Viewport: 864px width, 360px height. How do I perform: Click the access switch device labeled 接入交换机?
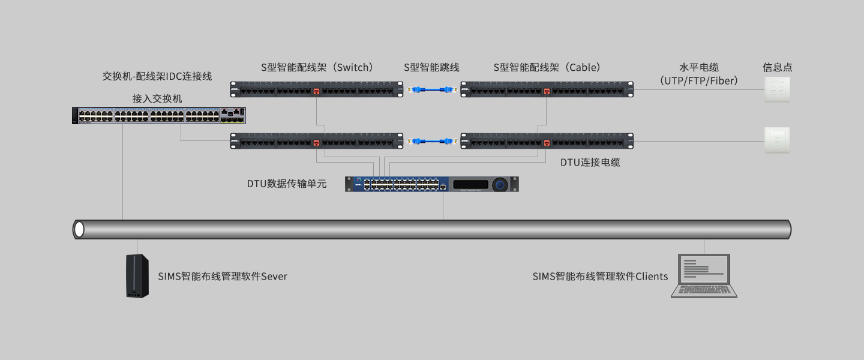click(159, 115)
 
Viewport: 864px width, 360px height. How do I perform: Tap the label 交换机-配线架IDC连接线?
click(157, 77)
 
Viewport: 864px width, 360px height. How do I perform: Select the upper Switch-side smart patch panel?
click(317, 90)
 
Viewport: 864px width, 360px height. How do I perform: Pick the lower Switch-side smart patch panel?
click(317, 142)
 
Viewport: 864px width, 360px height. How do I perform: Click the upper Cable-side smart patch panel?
click(547, 90)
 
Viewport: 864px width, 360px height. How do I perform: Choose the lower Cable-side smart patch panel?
click(547, 142)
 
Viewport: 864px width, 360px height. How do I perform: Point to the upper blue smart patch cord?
click(432, 90)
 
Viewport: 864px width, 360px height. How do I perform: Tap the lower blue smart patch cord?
click(432, 142)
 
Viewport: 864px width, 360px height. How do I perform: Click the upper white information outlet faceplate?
click(777, 89)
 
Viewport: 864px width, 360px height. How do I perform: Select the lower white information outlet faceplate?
click(777, 140)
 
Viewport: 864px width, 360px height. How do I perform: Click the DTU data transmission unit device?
click(431, 184)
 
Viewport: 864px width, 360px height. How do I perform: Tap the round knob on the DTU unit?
click(500, 185)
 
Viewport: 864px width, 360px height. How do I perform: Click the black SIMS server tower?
click(137, 276)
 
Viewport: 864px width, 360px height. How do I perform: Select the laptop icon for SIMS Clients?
click(704, 276)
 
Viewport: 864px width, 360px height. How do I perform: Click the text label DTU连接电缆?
click(590, 162)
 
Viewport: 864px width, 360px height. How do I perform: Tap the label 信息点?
click(777, 67)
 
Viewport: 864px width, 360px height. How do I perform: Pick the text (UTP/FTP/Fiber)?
click(698, 80)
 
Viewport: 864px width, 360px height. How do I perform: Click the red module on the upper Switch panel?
click(316, 92)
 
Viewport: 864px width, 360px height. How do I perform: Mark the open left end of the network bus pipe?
click(79, 229)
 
